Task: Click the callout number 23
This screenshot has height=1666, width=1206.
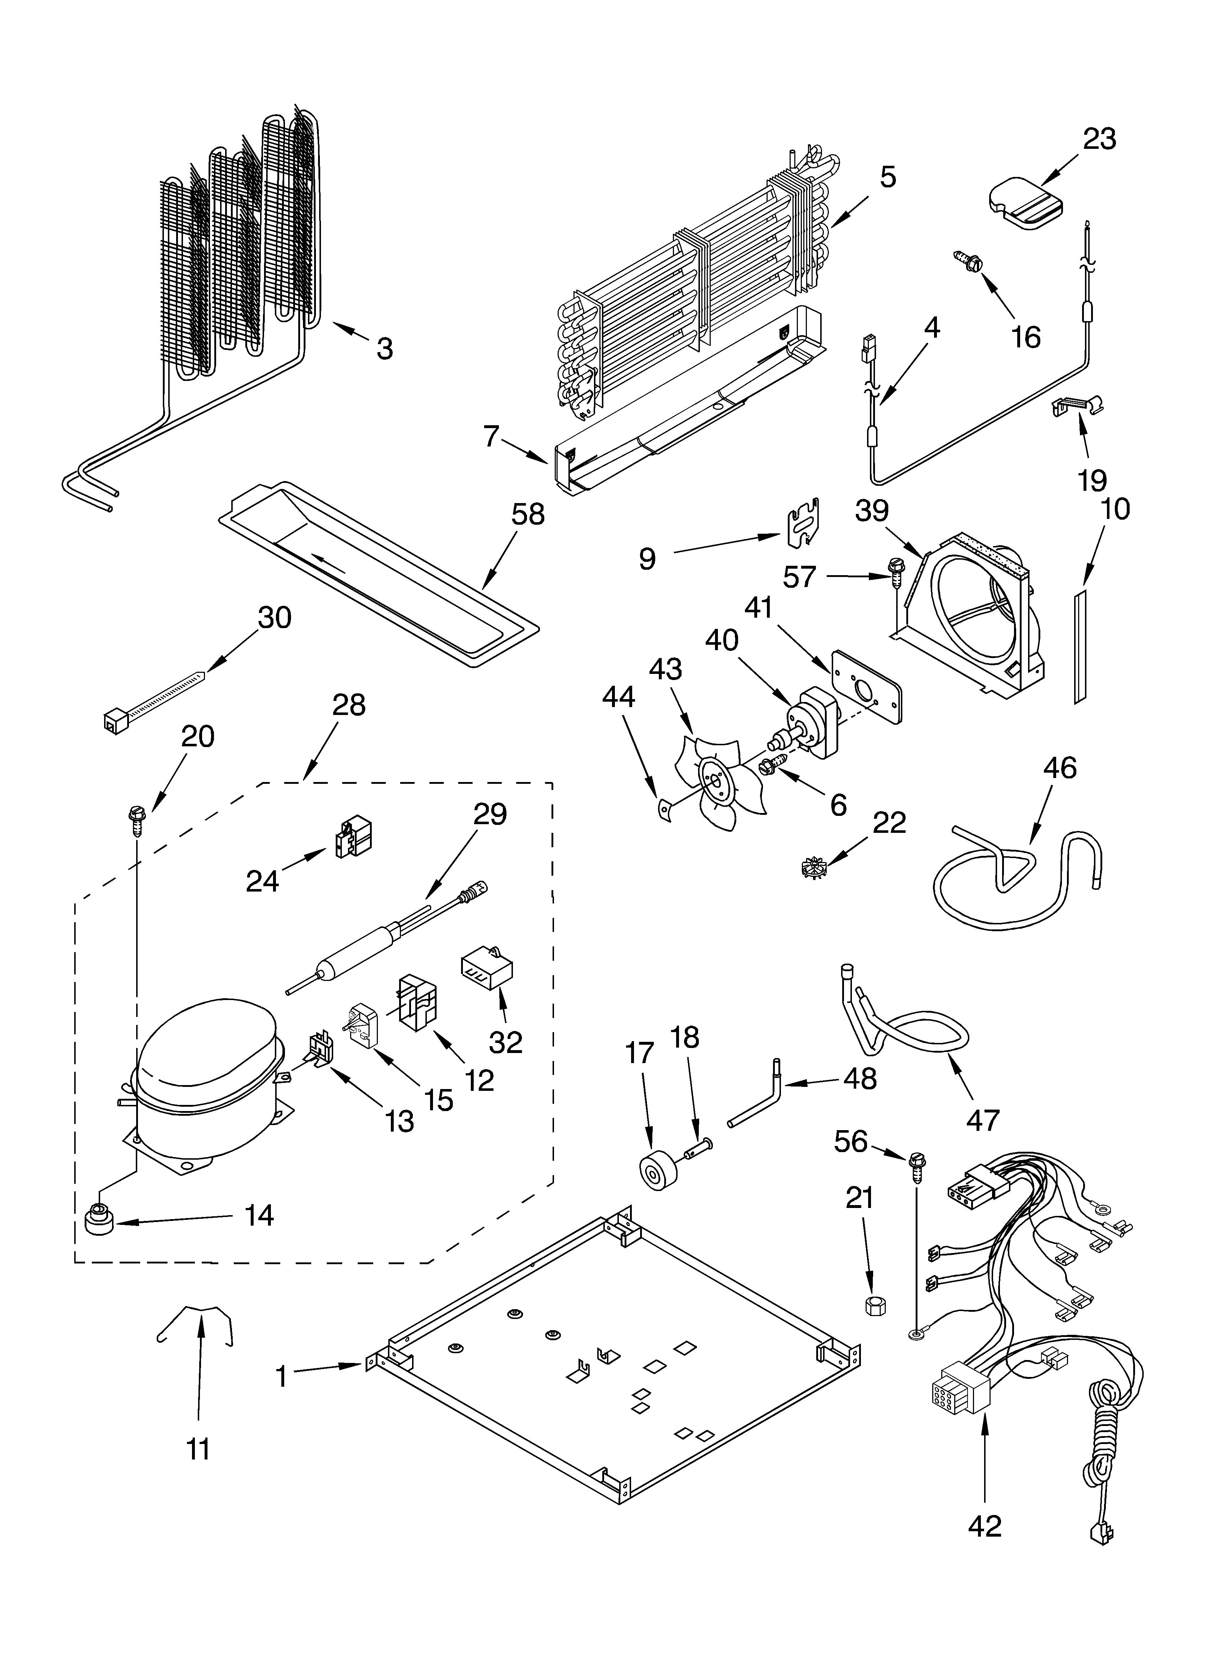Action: coord(1099,139)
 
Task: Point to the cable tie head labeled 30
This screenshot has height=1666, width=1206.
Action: coord(112,723)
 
